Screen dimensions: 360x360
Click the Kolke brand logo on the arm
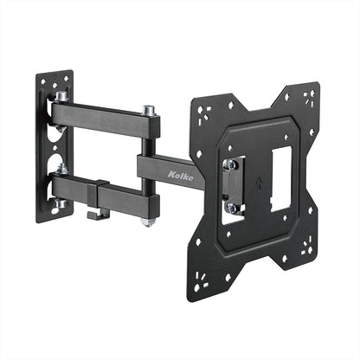[x=181, y=177]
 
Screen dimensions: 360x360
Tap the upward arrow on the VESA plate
[x=259, y=182]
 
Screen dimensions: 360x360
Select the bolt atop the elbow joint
[x=149, y=111]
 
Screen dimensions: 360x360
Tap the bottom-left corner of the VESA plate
[x=204, y=281]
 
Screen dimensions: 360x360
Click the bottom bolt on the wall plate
[x=61, y=204]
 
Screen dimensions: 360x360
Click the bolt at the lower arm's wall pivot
[x=61, y=170]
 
